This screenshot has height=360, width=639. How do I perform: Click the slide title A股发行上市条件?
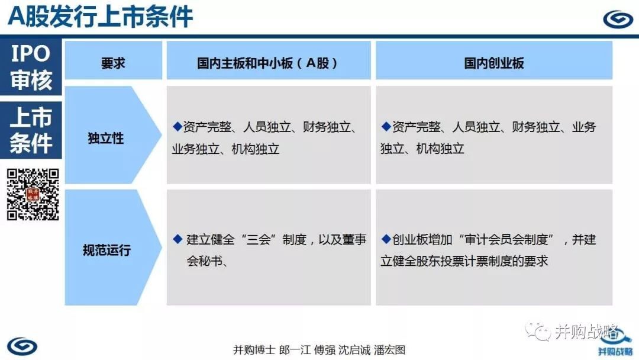(x=100, y=17)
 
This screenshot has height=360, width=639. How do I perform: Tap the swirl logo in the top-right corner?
(x=618, y=19)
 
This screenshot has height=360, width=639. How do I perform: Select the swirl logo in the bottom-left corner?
(x=22, y=346)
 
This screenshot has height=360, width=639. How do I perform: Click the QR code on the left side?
(x=33, y=194)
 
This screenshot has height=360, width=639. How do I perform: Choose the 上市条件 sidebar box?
(x=31, y=130)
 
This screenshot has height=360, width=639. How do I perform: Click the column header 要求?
(x=113, y=63)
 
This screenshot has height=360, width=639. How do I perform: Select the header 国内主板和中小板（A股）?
(x=267, y=63)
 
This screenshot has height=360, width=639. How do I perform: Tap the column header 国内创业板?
(x=494, y=63)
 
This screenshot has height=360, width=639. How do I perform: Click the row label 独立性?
(x=106, y=138)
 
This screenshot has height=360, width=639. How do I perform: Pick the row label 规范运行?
(x=106, y=250)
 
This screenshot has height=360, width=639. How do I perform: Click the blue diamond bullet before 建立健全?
(x=177, y=239)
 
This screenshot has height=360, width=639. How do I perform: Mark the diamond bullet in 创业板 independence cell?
(x=386, y=126)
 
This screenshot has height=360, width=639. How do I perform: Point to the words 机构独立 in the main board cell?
(x=256, y=149)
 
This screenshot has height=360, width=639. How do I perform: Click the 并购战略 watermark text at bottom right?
(x=586, y=332)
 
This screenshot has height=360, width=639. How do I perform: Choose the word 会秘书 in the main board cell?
(x=205, y=261)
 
